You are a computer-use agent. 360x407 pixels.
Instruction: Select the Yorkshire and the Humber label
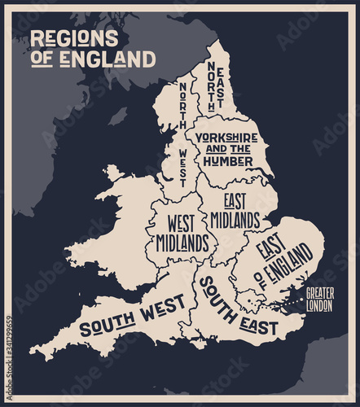228,149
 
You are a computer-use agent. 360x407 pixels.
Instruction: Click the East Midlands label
235,209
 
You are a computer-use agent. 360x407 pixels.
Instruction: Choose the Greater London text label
319,300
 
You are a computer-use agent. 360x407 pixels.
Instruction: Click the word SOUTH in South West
107,326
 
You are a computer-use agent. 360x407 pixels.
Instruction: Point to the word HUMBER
228,161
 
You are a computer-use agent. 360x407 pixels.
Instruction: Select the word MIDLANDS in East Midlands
235,220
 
